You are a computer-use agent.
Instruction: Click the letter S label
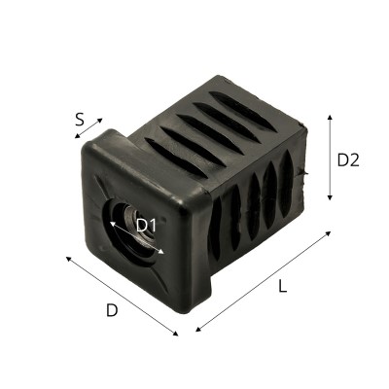(83, 122)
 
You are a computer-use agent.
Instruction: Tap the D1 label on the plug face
(146, 226)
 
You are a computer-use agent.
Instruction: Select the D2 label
(348, 160)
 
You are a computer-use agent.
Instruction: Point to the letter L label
(282, 287)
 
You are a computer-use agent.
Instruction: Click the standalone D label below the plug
(112, 311)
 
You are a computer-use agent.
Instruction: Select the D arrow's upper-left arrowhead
(67, 258)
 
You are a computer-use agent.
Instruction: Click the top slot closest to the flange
(165, 146)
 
